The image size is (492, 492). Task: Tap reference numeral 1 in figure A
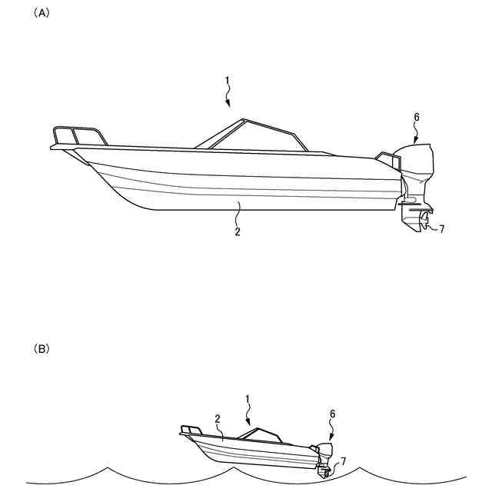click(x=227, y=80)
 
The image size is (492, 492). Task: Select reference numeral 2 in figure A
click(x=238, y=231)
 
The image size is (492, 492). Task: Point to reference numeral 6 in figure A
click(x=417, y=118)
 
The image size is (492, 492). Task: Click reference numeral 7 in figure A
click(x=441, y=228)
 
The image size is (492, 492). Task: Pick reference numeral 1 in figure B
click(x=248, y=399)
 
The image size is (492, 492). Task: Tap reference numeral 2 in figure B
click(x=218, y=419)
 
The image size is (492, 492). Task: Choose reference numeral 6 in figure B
click(x=333, y=414)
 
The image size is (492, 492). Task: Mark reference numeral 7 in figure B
click(x=343, y=460)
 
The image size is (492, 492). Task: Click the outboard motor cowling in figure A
click(x=415, y=162)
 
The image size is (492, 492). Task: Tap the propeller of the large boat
click(x=423, y=224)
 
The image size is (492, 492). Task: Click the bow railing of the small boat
click(x=191, y=428)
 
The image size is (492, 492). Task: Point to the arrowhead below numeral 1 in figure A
click(x=228, y=104)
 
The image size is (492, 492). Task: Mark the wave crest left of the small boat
click(x=108, y=467)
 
